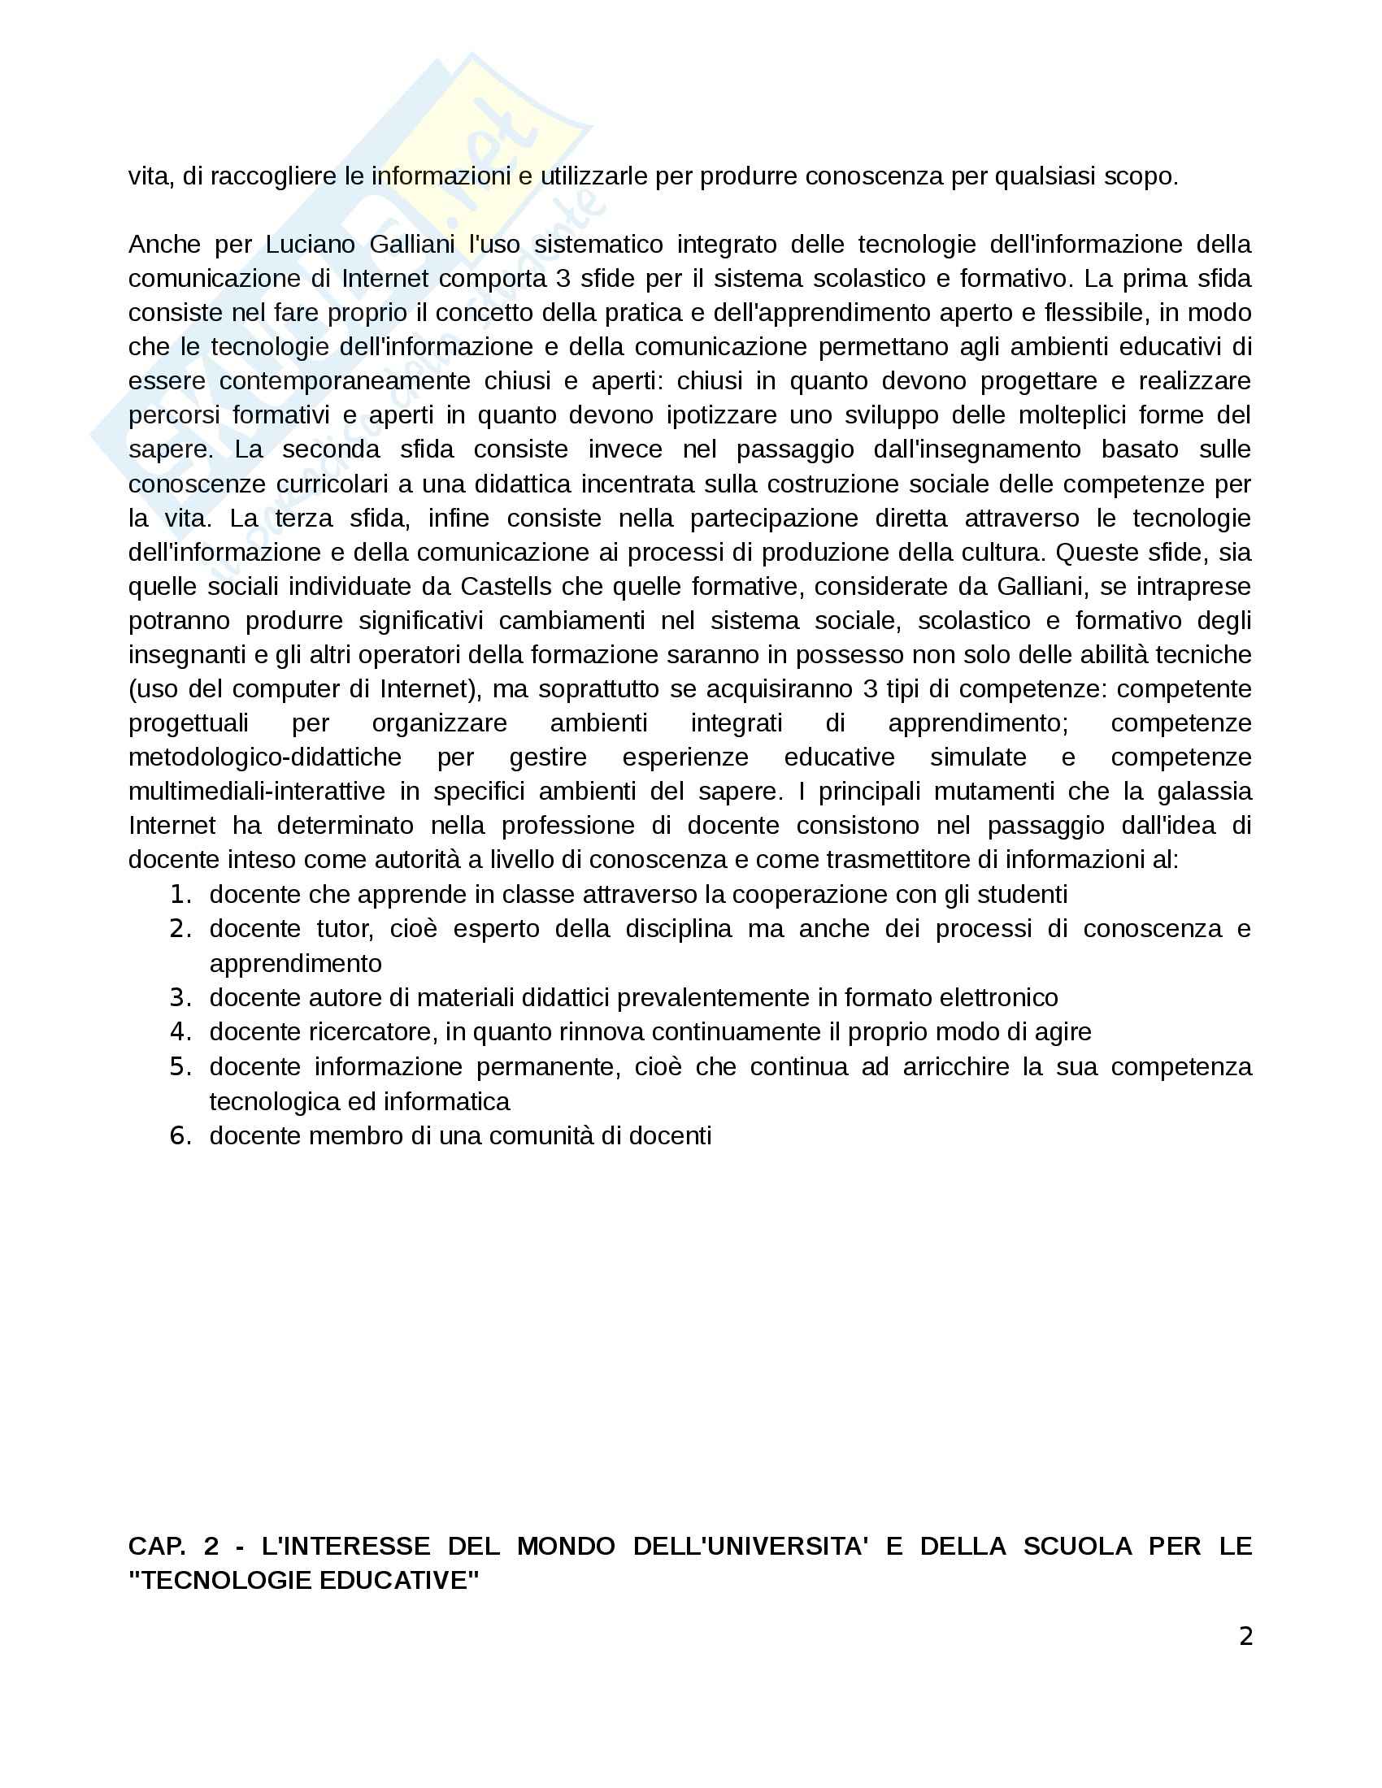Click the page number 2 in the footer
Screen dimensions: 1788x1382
click(1245, 1637)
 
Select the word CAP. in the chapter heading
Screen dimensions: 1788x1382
click(156, 1546)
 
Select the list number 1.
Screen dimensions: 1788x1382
click(180, 894)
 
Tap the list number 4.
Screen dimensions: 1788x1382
click(180, 1031)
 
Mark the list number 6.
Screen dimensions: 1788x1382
click(180, 1135)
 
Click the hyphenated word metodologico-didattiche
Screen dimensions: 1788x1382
click(264, 757)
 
